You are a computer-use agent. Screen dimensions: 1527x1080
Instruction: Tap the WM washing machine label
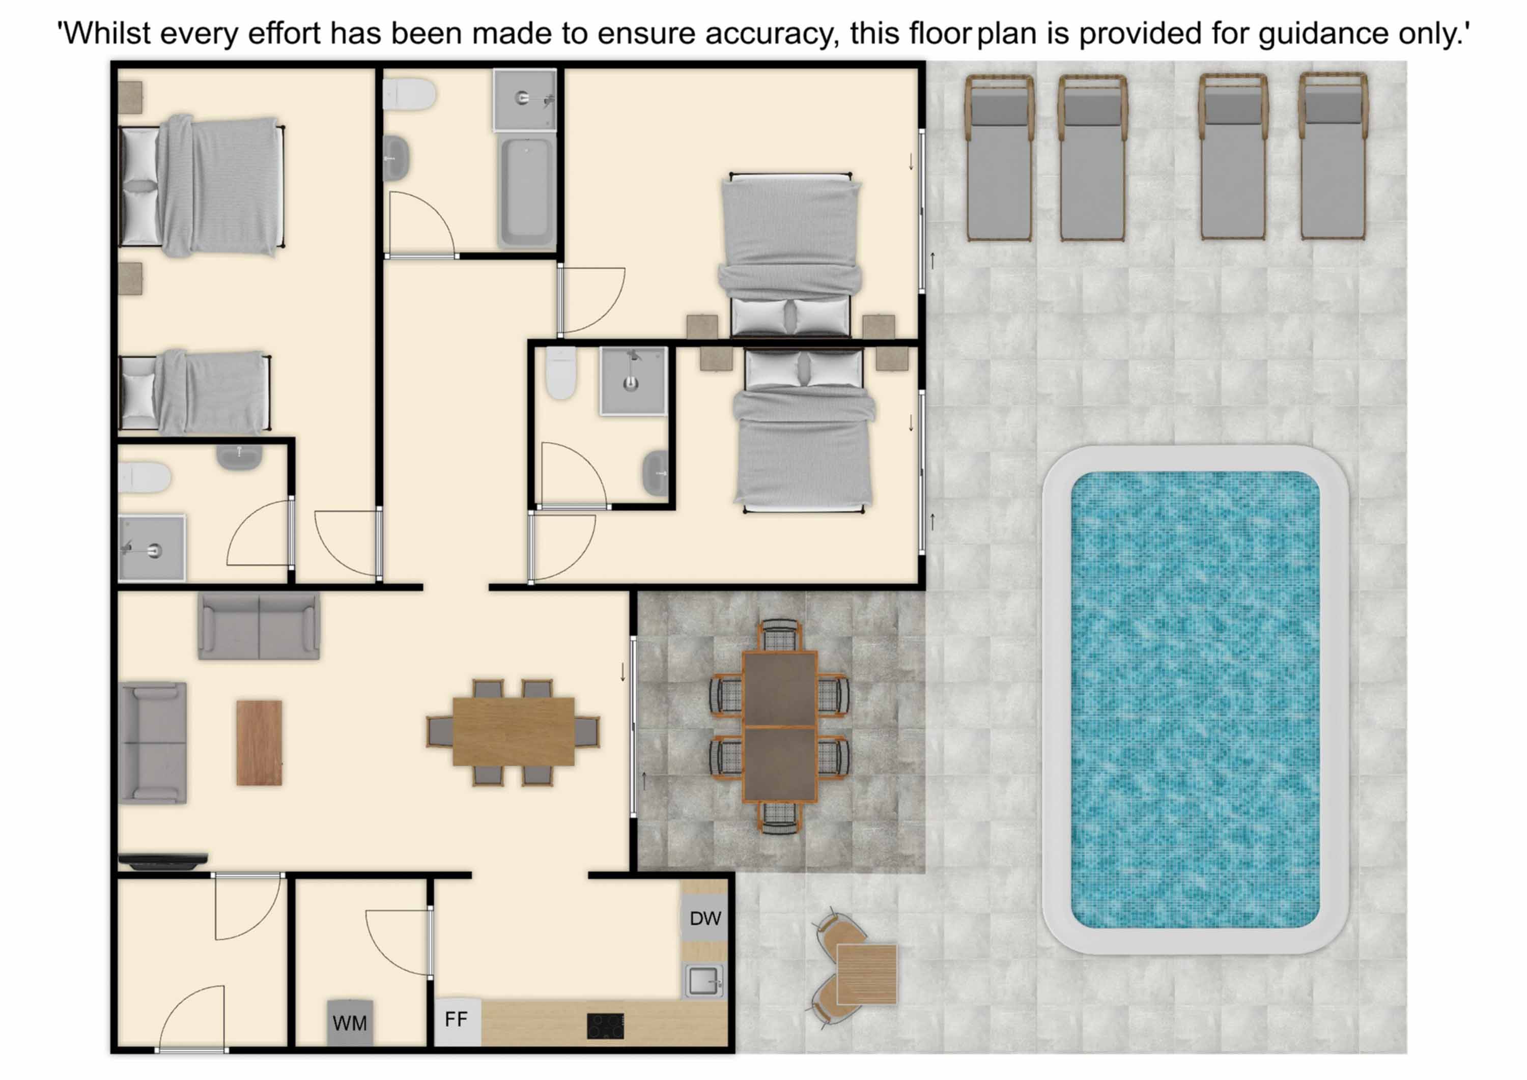tap(350, 1023)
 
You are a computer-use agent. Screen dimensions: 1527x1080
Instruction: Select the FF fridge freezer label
tap(456, 1019)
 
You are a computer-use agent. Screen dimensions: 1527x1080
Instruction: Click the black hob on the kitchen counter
tap(605, 1026)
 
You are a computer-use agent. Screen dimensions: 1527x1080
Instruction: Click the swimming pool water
tap(1195, 700)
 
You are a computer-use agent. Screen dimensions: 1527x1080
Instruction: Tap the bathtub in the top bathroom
tap(527, 191)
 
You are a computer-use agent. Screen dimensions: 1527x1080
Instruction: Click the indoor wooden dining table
tap(514, 731)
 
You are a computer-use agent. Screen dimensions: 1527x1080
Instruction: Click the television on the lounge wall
tap(163, 861)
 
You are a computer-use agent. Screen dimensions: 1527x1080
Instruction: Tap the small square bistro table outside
tap(867, 974)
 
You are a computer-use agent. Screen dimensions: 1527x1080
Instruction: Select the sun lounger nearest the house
tap(999, 157)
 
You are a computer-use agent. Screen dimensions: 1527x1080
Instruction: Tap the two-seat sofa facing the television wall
tap(259, 626)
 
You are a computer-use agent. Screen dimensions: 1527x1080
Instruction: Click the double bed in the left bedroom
tap(202, 187)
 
